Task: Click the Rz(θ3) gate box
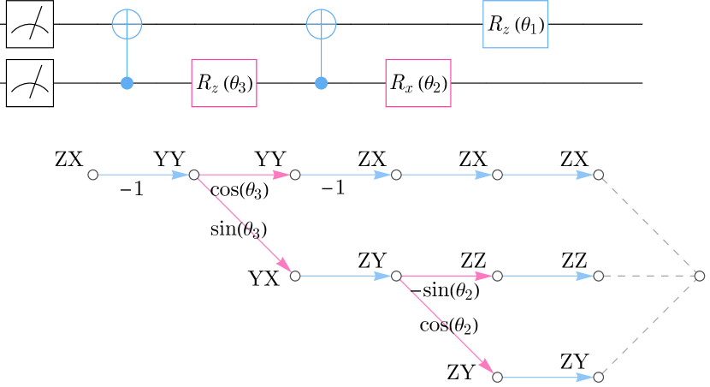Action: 224,83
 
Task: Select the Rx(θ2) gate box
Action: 418,83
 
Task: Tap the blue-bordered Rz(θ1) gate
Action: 515,25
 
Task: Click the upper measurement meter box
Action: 30,24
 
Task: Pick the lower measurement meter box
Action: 30,83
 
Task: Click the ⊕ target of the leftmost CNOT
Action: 127,24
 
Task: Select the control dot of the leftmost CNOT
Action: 127,83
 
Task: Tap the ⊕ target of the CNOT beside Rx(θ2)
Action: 321,24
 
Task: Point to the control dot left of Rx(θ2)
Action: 321,83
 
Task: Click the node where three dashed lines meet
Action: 699,276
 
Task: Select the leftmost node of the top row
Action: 92,175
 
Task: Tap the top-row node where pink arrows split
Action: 194,175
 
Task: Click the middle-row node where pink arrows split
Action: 396,276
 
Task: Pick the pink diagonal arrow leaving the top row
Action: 245,225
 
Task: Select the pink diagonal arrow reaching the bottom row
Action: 447,326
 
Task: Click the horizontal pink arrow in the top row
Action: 245,175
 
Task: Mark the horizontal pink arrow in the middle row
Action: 447,276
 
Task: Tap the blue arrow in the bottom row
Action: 547,377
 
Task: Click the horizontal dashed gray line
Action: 648,276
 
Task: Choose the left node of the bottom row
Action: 497,377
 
